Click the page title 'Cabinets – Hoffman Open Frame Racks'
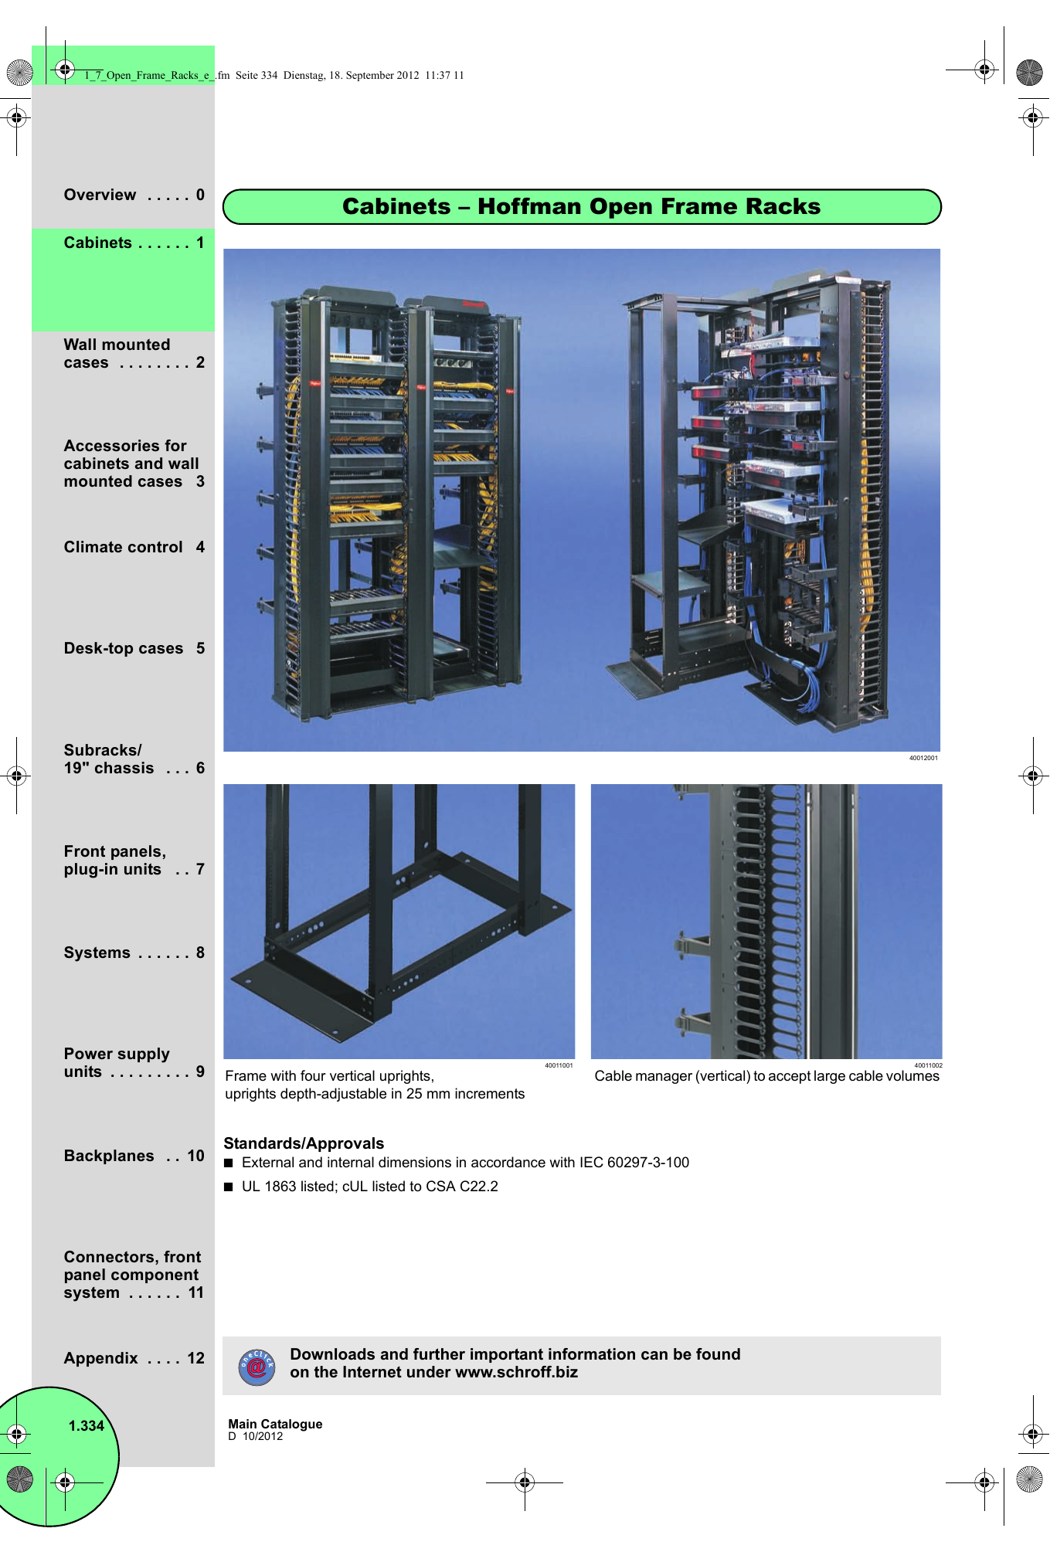(581, 207)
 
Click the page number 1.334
(86, 1426)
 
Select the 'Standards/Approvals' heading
(304, 1143)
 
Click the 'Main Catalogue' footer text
(275, 1424)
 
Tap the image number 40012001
(923, 758)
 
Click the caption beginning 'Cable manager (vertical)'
(766, 1076)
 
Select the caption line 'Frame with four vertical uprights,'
(329, 1076)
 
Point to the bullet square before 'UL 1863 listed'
(228, 1187)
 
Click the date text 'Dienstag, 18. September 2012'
(351, 75)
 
